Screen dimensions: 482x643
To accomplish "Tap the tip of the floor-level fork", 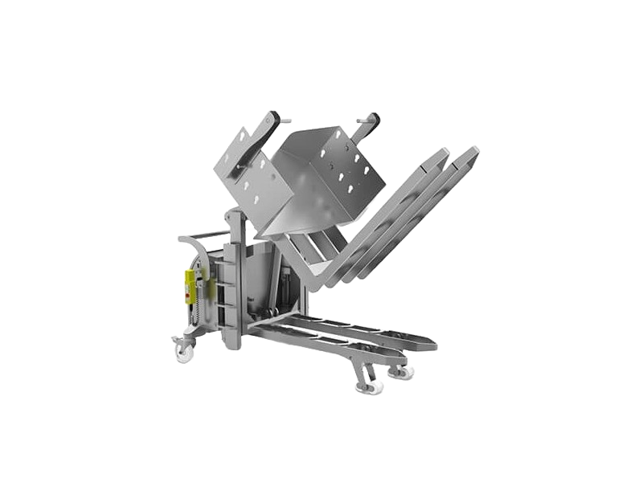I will point(431,345).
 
